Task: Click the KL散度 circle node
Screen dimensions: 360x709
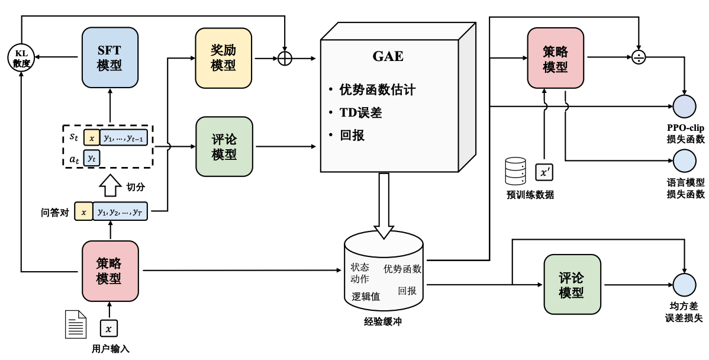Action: (x=21, y=57)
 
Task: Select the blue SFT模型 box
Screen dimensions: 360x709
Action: (x=110, y=57)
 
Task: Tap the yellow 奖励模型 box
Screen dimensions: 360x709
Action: (x=224, y=57)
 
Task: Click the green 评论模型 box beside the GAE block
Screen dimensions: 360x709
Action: (x=224, y=146)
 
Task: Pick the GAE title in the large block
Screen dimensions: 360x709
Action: (x=388, y=56)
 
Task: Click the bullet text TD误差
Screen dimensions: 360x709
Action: (x=360, y=112)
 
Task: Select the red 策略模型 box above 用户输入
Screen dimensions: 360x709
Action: (x=110, y=271)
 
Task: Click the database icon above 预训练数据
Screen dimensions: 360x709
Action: (x=515, y=172)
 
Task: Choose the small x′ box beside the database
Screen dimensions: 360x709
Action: (x=544, y=172)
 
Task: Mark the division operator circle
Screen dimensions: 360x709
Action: (x=639, y=57)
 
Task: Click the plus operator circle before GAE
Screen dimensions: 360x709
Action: (x=285, y=59)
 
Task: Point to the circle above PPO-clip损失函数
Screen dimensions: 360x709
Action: (x=685, y=106)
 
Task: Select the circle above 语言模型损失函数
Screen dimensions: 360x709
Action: (x=685, y=160)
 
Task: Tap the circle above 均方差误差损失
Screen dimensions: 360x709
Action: (x=685, y=284)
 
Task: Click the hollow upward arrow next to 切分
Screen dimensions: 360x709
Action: (x=110, y=186)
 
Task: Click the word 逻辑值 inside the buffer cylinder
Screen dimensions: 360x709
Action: (x=366, y=296)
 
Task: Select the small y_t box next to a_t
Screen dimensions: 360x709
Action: (x=91, y=157)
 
